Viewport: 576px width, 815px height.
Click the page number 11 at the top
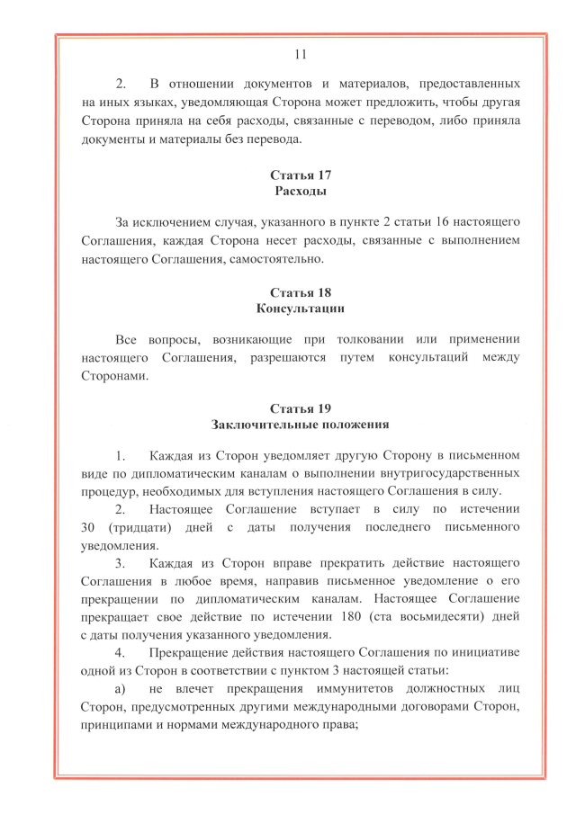click(301, 54)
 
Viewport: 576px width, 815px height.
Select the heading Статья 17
click(300, 175)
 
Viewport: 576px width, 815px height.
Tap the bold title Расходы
click(300, 192)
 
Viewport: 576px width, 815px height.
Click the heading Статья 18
click(300, 292)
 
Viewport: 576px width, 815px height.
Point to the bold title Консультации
click(300, 309)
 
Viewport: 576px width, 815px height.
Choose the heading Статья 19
click(300, 409)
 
